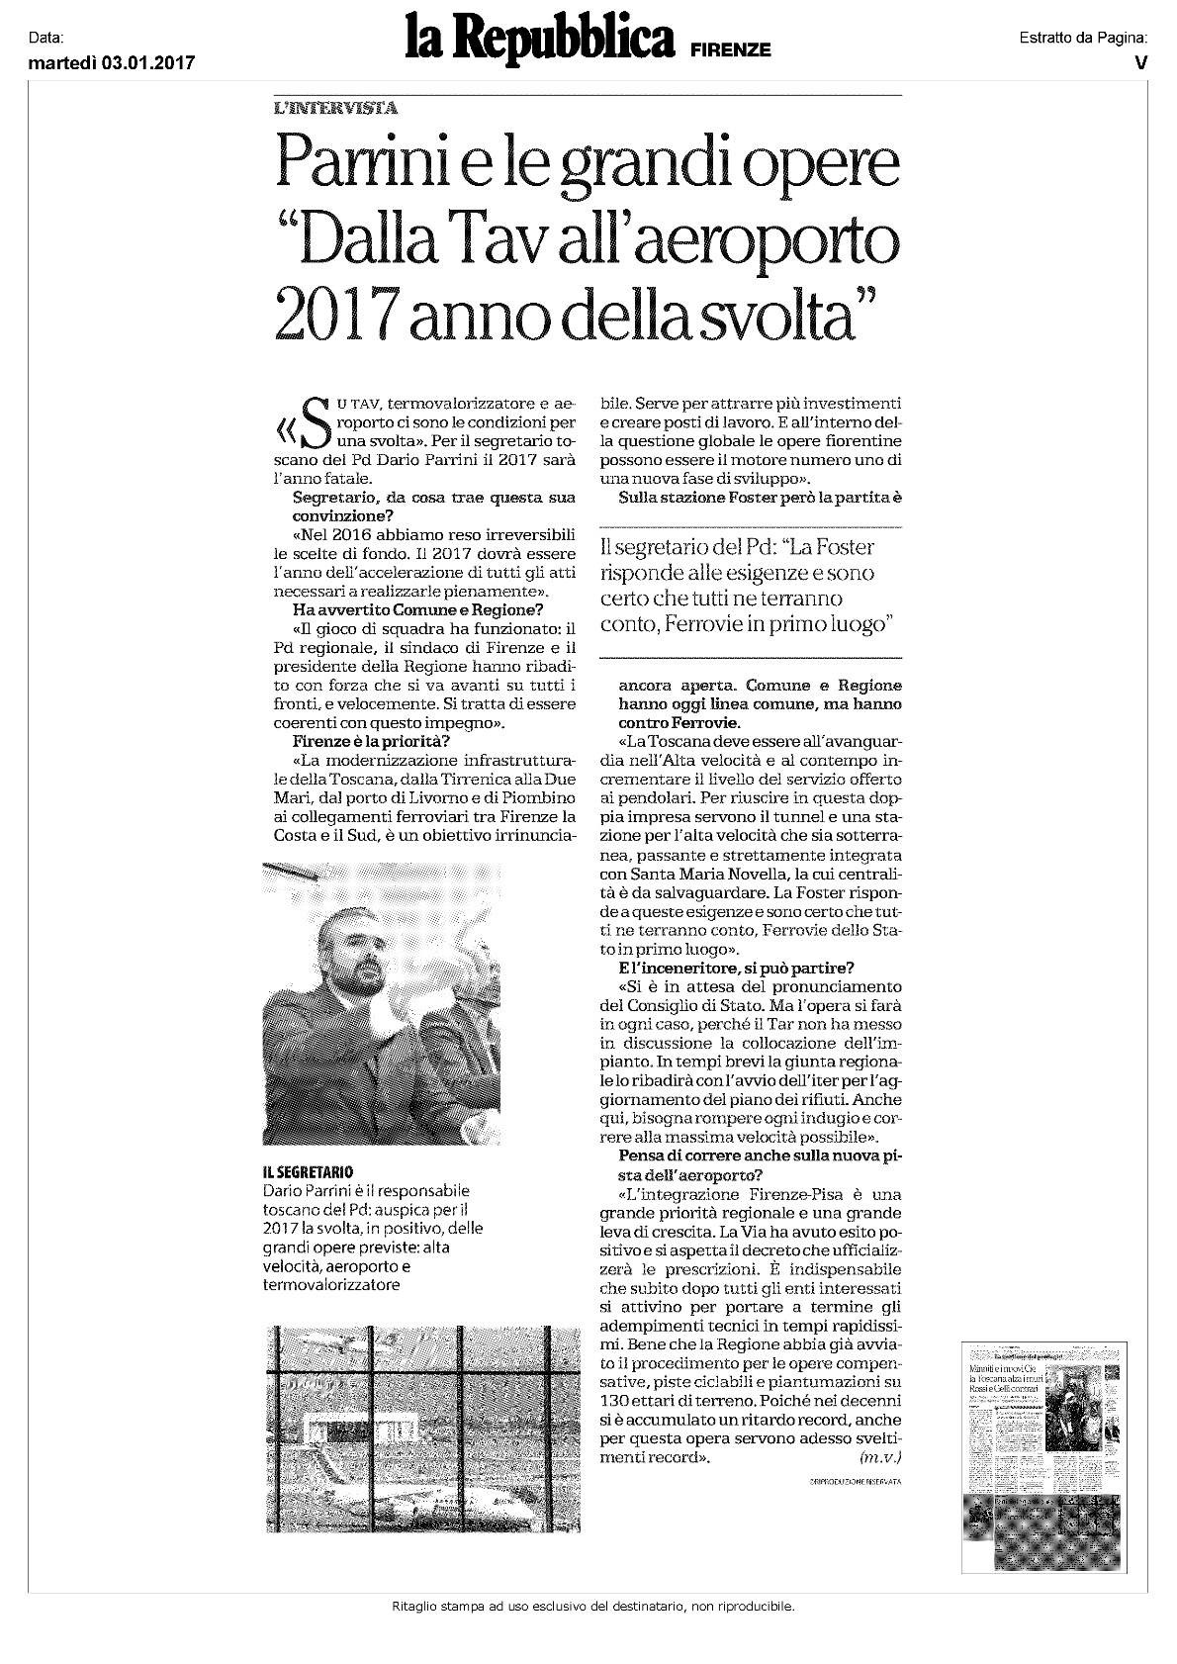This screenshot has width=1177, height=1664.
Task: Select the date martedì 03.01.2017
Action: pyautogui.click(x=111, y=63)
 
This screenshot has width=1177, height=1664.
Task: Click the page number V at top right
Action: pyautogui.click(x=1140, y=62)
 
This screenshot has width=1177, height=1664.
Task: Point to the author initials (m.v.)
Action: pyautogui.click(x=881, y=1458)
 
